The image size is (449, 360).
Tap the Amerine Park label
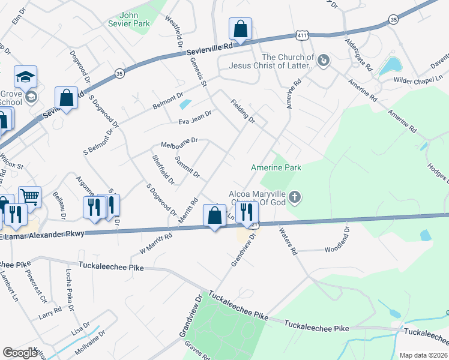(x=276, y=167)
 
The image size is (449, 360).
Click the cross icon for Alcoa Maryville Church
(x=295, y=197)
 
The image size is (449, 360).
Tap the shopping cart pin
(x=29, y=196)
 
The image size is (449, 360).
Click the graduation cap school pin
(x=26, y=76)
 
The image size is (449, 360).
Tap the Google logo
(x=20, y=353)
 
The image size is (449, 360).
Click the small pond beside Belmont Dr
(x=185, y=104)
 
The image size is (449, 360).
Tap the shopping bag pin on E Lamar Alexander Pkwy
(x=214, y=215)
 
